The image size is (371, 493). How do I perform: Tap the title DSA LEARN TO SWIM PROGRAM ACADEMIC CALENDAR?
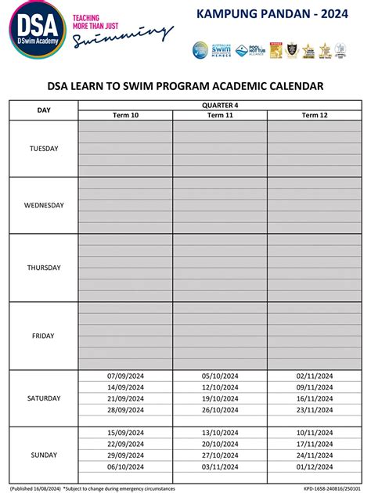pos(185,86)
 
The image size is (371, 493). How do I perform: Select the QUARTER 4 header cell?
pos(220,104)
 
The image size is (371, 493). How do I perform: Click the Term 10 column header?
pos(125,115)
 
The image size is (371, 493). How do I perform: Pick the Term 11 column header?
pos(220,115)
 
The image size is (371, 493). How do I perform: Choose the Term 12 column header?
pos(315,115)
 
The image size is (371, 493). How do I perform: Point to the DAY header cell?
pos(44,110)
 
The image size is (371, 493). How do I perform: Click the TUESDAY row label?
pos(44,149)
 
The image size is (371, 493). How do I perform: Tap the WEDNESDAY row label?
pos(44,206)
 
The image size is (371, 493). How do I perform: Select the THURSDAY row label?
pos(44,268)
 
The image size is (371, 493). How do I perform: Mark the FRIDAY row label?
pos(44,336)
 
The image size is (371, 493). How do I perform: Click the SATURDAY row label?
pos(44,398)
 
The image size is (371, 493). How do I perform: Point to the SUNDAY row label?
pos(44,455)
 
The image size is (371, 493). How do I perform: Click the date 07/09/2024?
pos(125,376)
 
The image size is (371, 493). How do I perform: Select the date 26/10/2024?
pos(220,410)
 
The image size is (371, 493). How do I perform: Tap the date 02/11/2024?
pos(315,376)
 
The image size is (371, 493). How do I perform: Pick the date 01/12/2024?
pos(315,467)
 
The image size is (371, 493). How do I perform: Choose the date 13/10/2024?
pos(220,433)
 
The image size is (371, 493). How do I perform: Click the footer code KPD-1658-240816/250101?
pos(328,487)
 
